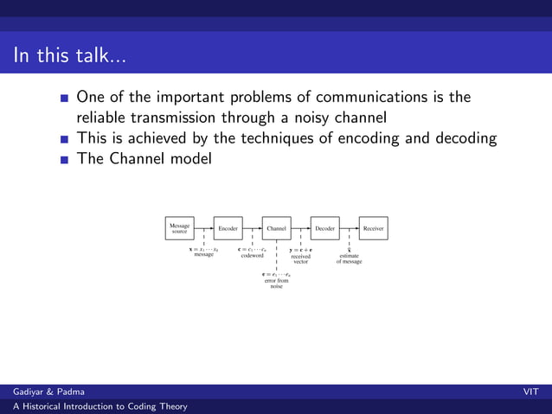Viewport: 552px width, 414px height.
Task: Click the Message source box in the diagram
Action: (x=179, y=228)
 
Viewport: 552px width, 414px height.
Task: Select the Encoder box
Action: (x=228, y=228)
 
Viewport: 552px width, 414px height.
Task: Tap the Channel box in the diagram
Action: (x=276, y=228)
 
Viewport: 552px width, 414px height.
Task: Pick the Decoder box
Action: (x=324, y=228)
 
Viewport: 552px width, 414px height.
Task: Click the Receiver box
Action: (x=373, y=228)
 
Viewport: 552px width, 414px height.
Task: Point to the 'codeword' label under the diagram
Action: (x=252, y=255)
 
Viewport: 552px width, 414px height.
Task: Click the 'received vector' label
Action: (x=300, y=258)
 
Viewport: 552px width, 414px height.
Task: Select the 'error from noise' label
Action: (x=276, y=283)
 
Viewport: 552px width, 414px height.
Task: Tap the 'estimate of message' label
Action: (x=349, y=258)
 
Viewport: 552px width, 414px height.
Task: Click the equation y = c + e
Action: (x=300, y=250)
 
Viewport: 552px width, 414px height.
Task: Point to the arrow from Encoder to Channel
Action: (x=252, y=228)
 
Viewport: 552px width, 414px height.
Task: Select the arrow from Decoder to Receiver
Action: (x=349, y=228)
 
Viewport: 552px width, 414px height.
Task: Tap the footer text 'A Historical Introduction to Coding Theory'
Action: (x=93, y=406)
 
